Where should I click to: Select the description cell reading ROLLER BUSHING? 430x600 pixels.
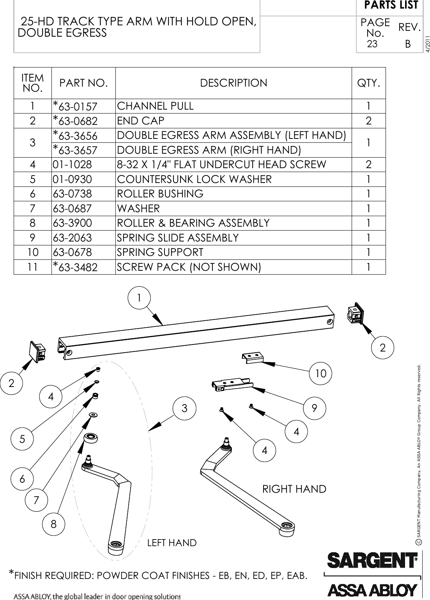pos(160,194)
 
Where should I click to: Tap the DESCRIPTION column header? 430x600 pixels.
pos(234,83)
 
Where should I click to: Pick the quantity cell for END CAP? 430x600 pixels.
pos(368,121)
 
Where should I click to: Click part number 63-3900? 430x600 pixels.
pos(73,223)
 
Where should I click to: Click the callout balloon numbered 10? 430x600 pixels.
pos(320,373)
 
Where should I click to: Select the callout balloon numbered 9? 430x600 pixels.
pos(314,408)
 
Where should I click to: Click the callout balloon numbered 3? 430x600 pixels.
pos(184,408)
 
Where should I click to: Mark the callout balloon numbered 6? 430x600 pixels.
pos(22,478)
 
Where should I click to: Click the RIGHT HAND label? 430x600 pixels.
pos(294,489)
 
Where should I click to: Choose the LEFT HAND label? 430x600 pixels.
pos(172,543)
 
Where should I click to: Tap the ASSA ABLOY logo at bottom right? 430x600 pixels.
pos(372,589)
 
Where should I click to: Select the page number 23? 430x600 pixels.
pos(372,44)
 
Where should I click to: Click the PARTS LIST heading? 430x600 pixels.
pos(391,5)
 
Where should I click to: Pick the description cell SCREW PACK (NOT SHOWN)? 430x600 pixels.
pos(189,267)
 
